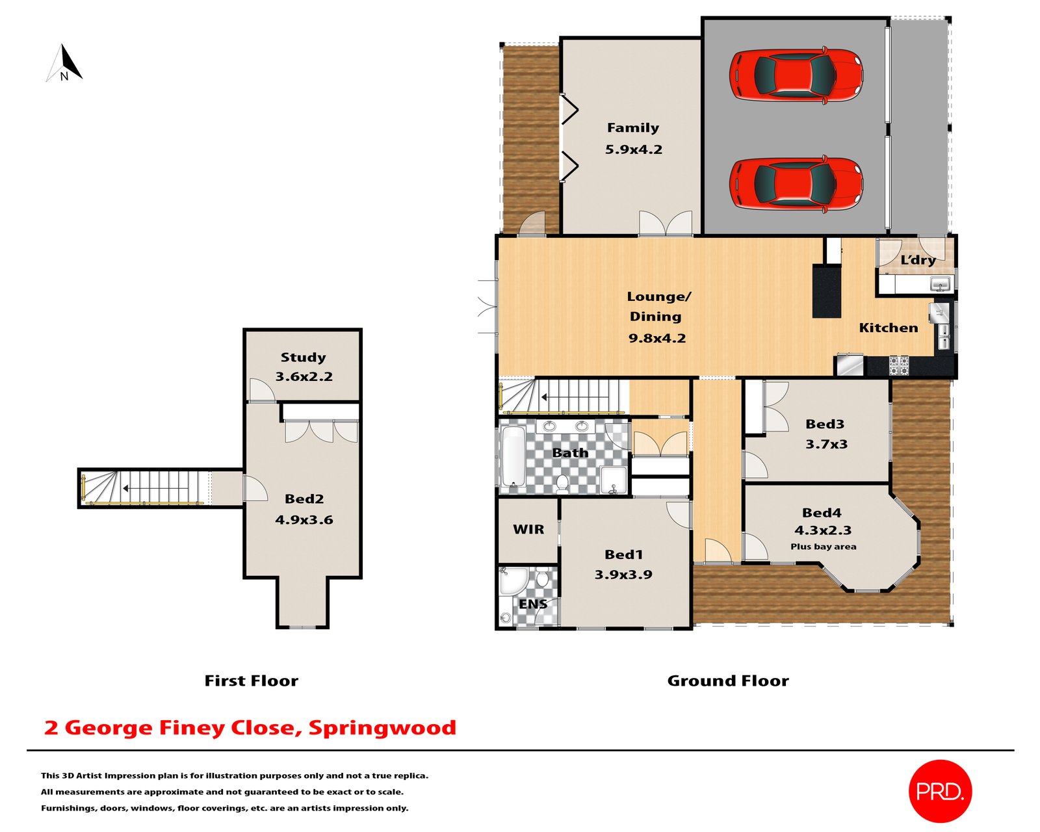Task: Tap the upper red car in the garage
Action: point(796,75)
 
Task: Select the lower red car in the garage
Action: point(796,183)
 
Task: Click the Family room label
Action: point(633,128)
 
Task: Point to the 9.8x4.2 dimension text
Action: point(657,338)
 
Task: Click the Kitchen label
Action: point(888,328)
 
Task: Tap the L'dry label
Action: point(917,260)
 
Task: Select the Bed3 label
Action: point(824,424)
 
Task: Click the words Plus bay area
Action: point(823,547)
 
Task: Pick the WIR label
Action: point(528,530)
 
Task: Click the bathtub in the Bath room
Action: point(513,456)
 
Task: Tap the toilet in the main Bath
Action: point(562,482)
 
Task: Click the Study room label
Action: point(303,357)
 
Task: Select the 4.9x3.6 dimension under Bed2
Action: point(304,520)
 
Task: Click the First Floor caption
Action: point(251,681)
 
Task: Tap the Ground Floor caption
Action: point(727,681)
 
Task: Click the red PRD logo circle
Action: point(939,791)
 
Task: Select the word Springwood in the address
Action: point(382,727)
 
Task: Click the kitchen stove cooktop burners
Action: point(898,365)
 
